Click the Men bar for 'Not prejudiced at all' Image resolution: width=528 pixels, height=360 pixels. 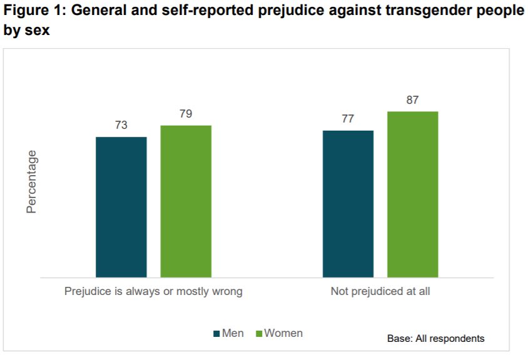(348, 204)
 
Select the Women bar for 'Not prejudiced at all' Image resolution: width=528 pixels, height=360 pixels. (412, 194)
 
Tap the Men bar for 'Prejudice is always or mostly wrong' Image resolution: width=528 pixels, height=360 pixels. (121, 207)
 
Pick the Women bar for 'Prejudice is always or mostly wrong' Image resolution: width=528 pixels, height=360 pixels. (186, 201)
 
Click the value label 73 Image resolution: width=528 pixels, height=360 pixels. (121, 125)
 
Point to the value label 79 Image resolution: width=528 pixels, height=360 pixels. (186, 114)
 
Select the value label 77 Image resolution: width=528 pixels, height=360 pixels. (348, 119)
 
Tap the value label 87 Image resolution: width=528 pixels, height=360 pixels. (412, 100)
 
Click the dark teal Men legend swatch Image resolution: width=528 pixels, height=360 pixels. (217, 334)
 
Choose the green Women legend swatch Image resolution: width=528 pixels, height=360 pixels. (258, 334)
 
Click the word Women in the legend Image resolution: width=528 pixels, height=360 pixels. (283, 333)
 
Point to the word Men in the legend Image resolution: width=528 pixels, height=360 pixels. (233, 333)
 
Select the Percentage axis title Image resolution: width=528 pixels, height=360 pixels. (32, 182)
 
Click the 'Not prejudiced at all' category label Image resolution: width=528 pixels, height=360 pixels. (380, 291)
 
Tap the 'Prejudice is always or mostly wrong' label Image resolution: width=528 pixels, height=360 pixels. (153, 291)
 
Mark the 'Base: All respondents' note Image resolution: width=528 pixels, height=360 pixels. (435, 339)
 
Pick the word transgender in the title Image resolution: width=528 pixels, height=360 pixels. (412, 12)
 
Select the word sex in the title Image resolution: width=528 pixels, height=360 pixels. (37, 30)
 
